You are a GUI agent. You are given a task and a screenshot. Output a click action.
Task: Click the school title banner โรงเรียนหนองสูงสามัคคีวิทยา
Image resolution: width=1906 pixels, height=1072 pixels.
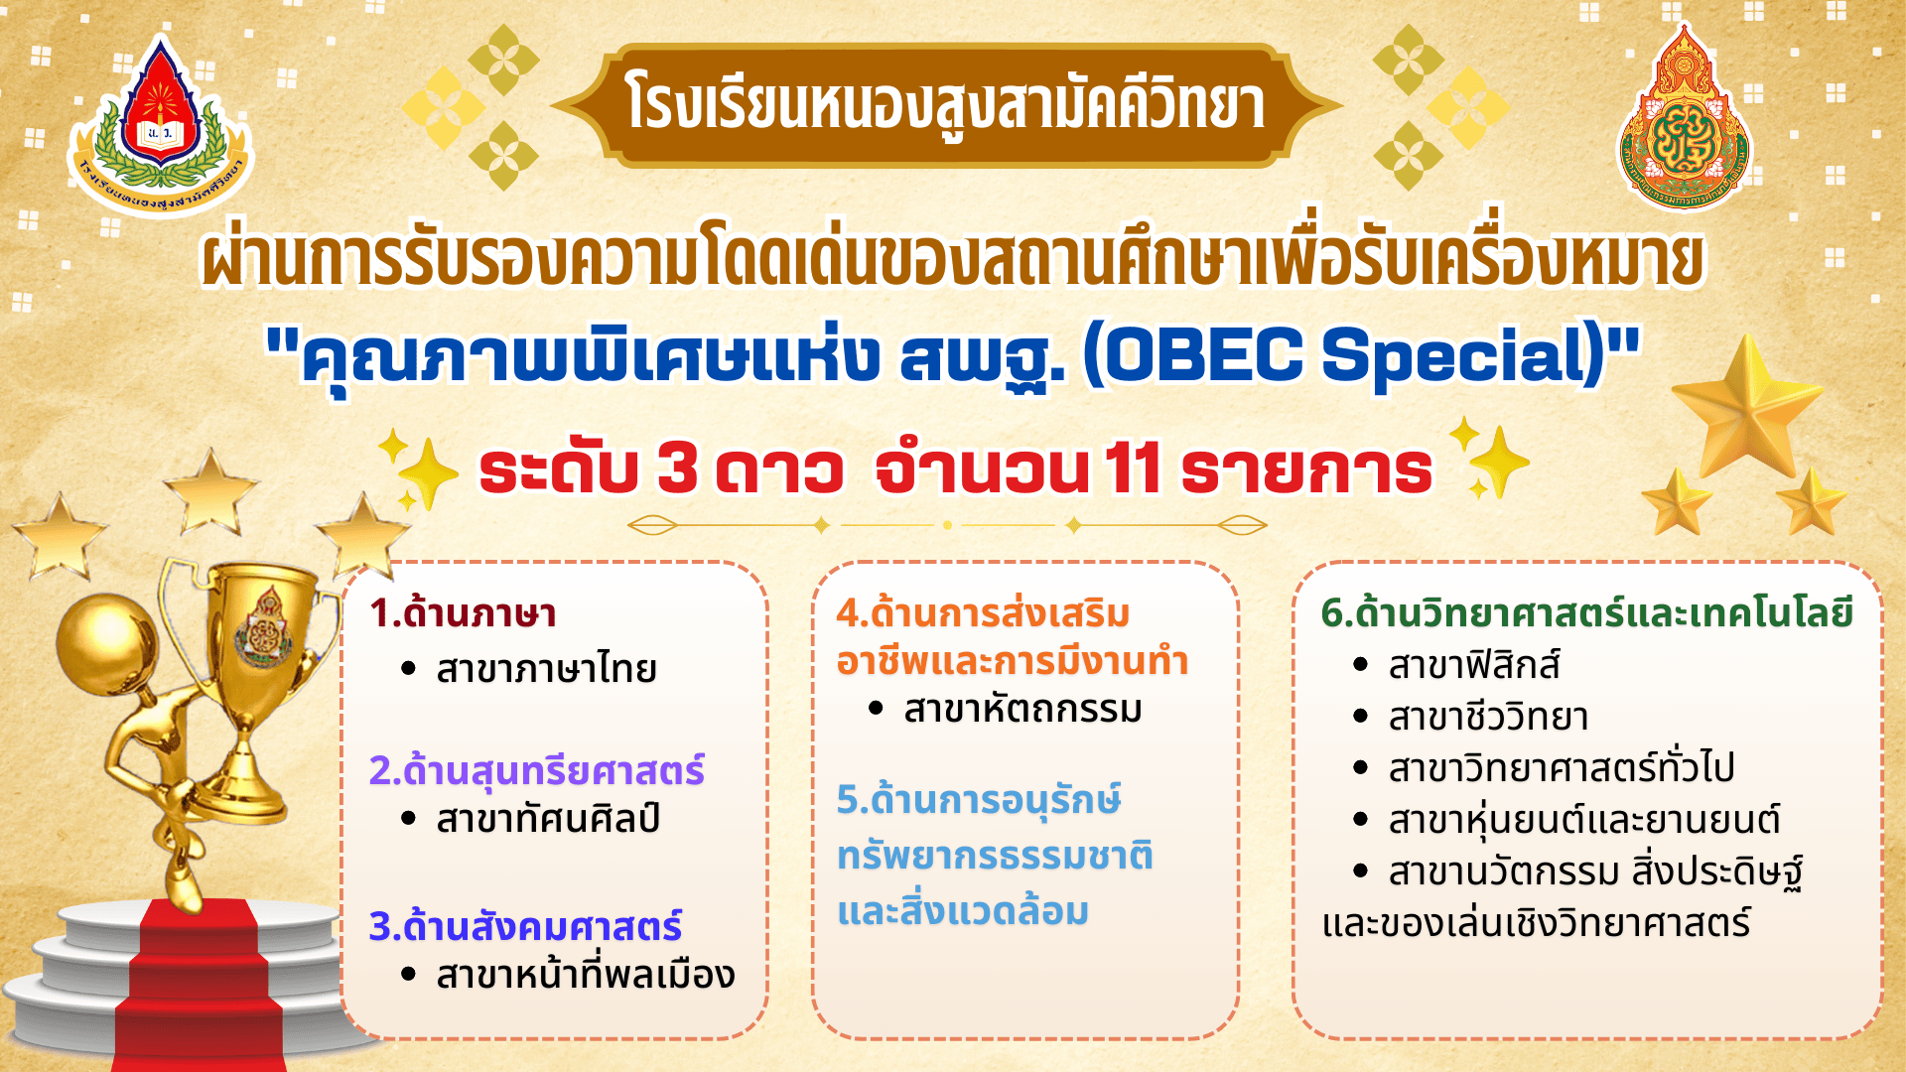tap(945, 105)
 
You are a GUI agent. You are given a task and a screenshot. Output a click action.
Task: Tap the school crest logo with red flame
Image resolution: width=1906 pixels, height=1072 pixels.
tap(161, 125)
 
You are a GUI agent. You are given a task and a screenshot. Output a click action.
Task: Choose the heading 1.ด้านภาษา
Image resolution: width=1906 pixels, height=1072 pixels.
tap(463, 613)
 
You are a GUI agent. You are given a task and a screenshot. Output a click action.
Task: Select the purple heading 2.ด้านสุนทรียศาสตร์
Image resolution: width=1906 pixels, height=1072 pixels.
tap(537, 770)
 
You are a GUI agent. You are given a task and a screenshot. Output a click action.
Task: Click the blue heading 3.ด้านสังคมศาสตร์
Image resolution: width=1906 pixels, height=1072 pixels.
tap(525, 925)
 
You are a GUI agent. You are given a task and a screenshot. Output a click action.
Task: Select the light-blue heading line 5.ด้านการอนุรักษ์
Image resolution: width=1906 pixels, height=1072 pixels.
tap(979, 800)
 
